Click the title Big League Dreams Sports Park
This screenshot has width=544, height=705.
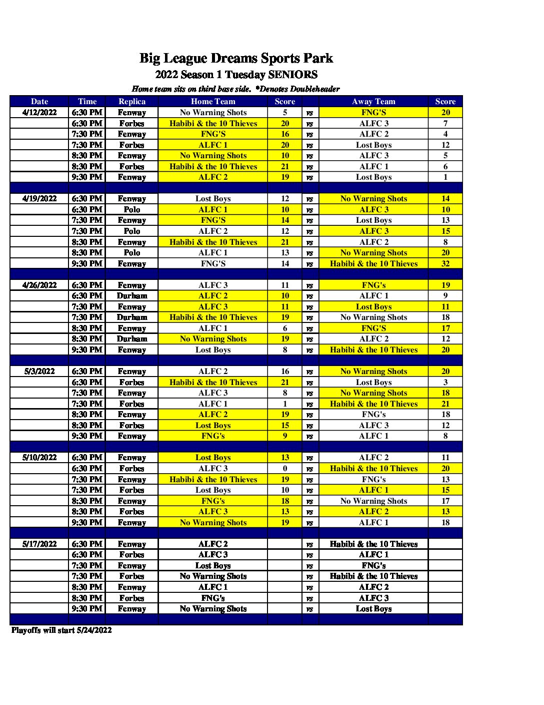click(x=236, y=59)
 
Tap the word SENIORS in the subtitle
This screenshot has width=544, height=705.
click(x=292, y=75)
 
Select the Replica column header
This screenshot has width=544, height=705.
click(x=132, y=102)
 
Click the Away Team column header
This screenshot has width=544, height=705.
click(x=373, y=102)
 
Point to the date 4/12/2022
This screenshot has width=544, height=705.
click(x=39, y=113)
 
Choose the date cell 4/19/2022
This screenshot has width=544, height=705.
click(x=39, y=199)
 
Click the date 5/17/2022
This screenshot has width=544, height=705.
click(x=39, y=544)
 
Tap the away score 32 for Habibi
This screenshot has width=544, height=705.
click(x=445, y=264)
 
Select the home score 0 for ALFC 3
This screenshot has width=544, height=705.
click(x=285, y=469)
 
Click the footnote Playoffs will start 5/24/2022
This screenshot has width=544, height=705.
click(x=61, y=630)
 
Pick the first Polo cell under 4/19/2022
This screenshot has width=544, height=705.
click(x=132, y=210)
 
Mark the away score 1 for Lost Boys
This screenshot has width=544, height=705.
click(x=445, y=177)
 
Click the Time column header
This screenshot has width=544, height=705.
click(x=87, y=102)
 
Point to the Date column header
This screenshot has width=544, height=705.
click(x=39, y=102)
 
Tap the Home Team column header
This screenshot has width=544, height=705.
click(x=213, y=102)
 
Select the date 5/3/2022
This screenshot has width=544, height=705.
click(x=39, y=372)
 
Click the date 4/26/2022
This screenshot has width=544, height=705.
click(x=39, y=285)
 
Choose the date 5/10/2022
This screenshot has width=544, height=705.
click(x=39, y=458)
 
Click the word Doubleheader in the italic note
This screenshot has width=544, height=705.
click(x=314, y=89)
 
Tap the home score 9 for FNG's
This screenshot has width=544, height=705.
click(x=285, y=436)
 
